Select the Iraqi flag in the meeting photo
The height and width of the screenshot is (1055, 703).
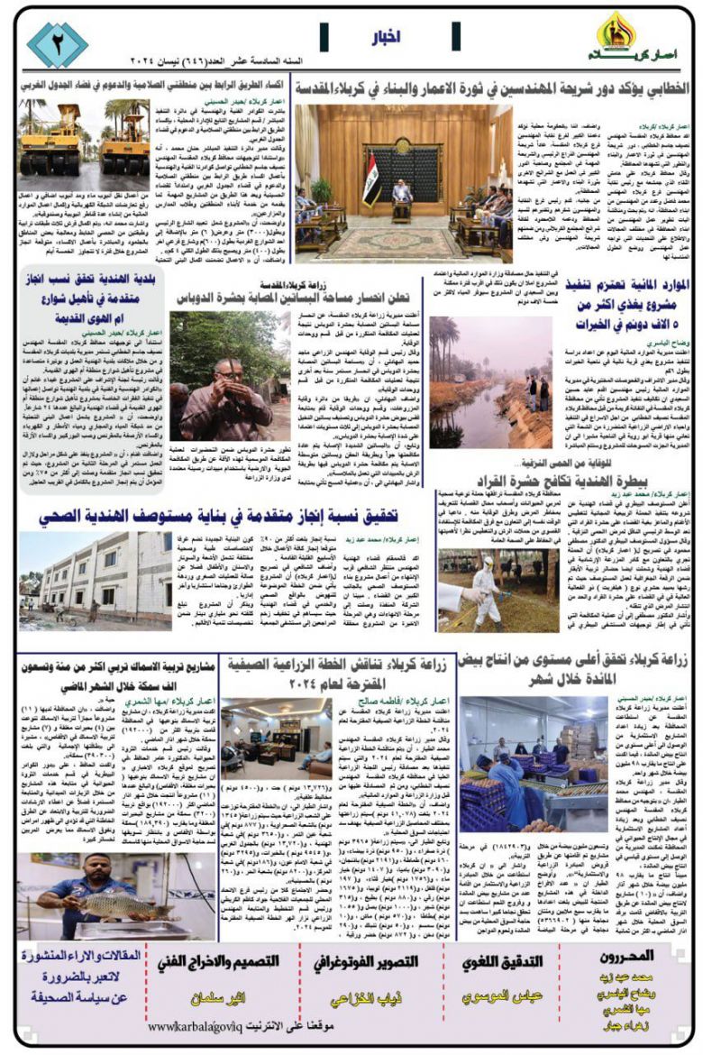click(369, 190)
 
